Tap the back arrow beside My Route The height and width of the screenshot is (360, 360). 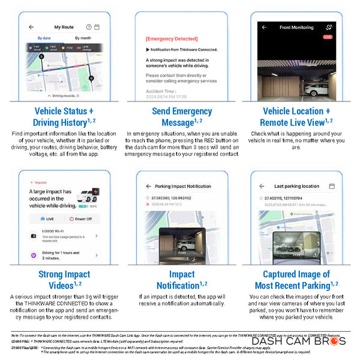[x=31, y=27]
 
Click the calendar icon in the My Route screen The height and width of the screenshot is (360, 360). [x=97, y=27]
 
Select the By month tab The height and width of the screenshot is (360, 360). [x=83, y=38]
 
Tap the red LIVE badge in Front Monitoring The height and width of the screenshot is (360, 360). [x=328, y=37]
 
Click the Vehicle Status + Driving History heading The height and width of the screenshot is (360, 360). [x=64, y=117]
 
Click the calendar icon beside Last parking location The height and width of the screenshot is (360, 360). [x=332, y=186]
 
